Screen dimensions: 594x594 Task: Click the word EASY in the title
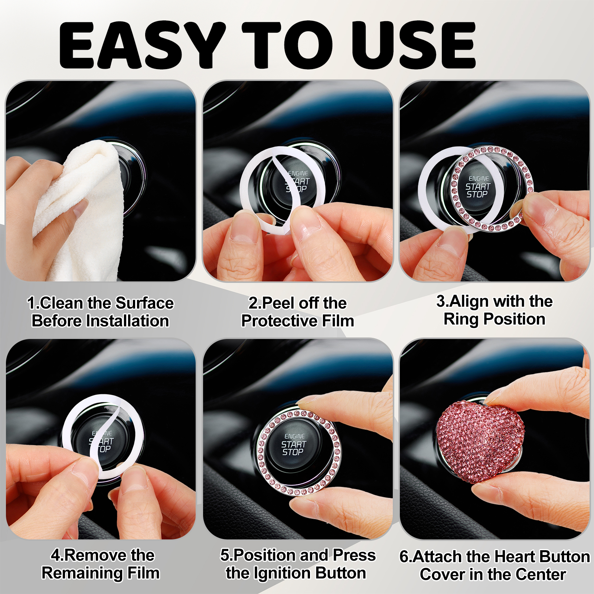pyautogui.click(x=143, y=45)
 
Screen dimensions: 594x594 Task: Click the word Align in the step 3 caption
pyautogui.click(x=466, y=301)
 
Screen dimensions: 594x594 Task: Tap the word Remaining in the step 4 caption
pyautogui.click(x=82, y=573)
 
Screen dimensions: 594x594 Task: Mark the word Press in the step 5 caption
pyautogui.click(x=354, y=555)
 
